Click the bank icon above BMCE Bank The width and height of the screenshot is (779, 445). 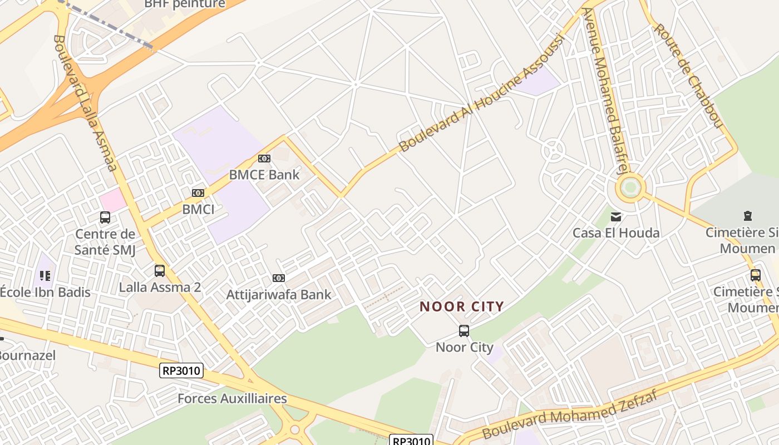264,159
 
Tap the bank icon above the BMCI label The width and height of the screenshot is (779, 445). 198,193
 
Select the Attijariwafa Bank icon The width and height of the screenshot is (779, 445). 279,278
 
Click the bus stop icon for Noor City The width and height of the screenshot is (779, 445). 464,331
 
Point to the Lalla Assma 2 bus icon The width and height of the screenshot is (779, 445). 160,271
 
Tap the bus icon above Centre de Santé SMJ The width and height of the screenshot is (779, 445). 105,217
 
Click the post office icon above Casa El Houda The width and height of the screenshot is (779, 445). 616,216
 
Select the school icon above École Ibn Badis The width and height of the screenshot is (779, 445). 45,275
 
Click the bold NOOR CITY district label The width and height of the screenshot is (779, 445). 462,306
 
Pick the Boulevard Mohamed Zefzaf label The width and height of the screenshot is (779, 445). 570,415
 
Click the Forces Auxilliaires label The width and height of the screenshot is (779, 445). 232,399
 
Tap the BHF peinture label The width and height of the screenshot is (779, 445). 185,4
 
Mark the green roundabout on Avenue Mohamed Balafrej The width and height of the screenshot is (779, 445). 630,187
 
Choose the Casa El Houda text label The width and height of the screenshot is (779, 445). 616,233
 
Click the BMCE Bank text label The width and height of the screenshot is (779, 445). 264,175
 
